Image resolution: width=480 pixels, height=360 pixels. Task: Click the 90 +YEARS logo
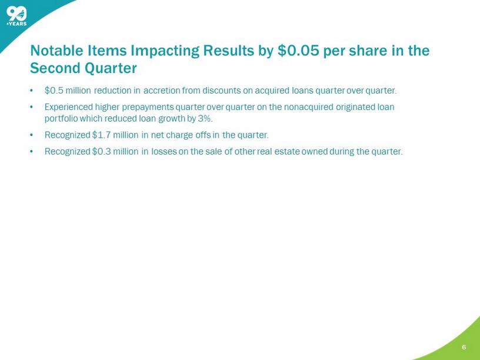[16, 16]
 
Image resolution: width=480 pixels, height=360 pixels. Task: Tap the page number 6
[464, 347]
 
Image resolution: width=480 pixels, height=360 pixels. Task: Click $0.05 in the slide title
[297, 51]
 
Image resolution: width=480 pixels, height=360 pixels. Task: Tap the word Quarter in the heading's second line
[111, 68]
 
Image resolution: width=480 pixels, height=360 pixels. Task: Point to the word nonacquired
[306, 108]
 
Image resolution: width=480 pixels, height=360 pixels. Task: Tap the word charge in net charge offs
[179, 135]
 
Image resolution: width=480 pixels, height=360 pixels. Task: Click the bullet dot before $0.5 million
[31, 91]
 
